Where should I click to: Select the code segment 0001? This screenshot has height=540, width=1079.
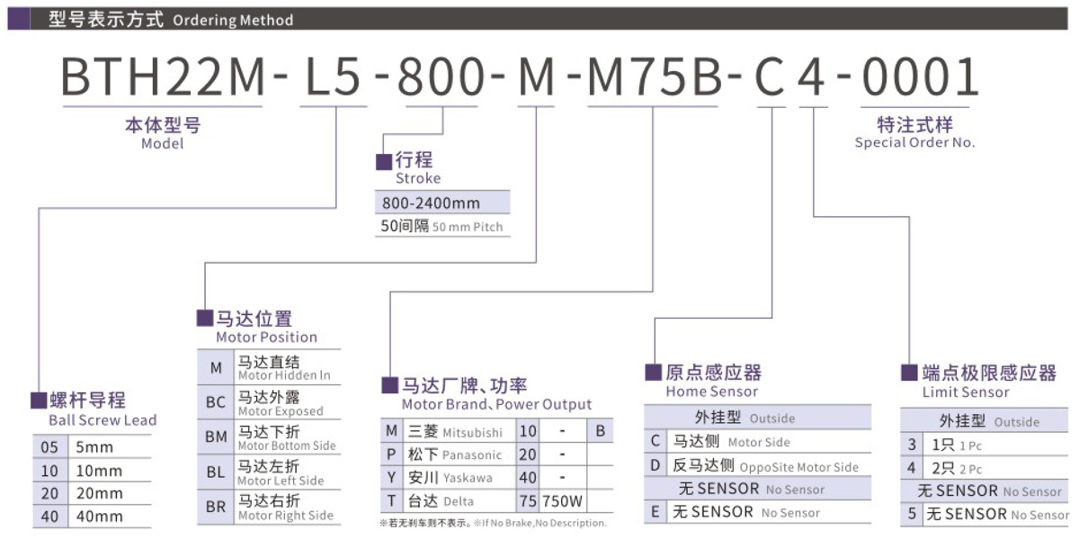pyautogui.click(x=920, y=78)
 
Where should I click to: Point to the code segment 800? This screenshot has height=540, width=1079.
pyautogui.click(x=441, y=78)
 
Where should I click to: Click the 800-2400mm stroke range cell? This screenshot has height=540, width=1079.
pyautogui.click(x=431, y=202)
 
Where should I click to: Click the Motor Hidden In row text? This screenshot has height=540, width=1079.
pyautogui.click(x=284, y=375)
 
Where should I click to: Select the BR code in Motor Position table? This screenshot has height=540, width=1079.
pyautogui.click(x=216, y=507)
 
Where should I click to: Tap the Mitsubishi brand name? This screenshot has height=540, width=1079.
pyautogui.click(x=472, y=432)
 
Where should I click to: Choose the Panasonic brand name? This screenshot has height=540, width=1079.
pyautogui.click(x=472, y=455)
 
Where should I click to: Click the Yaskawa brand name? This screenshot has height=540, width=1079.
pyautogui.click(x=468, y=478)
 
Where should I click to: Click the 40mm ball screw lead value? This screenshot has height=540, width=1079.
pyautogui.click(x=99, y=517)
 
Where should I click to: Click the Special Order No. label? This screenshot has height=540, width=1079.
pyautogui.click(x=914, y=142)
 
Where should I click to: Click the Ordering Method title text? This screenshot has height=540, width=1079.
pyautogui.click(x=232, y=20)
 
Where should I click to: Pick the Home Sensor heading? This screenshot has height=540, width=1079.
pyautogui.click(x=711, y=391)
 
